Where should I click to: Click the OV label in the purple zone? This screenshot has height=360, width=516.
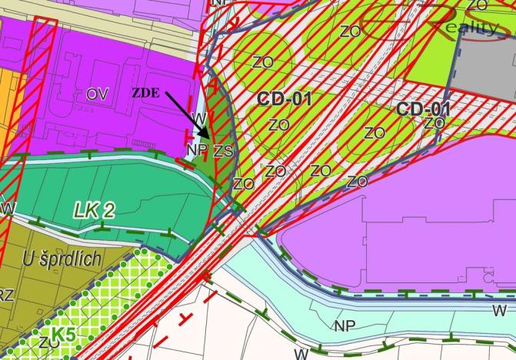point(97,94)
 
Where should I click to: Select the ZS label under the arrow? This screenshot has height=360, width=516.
point(222,151)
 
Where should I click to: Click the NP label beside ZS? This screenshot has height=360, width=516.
point(196,148)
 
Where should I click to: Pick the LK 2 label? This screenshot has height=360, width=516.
point(95,211)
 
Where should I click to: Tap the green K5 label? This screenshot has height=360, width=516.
point(64,335)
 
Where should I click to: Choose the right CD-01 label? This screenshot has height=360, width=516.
point(423,108)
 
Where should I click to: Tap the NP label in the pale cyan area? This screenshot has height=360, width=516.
point(345,325)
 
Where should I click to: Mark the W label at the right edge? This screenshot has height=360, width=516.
point(499,311)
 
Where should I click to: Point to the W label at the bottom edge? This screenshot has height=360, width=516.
point(301,354)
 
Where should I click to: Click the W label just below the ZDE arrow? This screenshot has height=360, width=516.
point(198,118)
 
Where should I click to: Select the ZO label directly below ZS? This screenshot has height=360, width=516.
point(243,184)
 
